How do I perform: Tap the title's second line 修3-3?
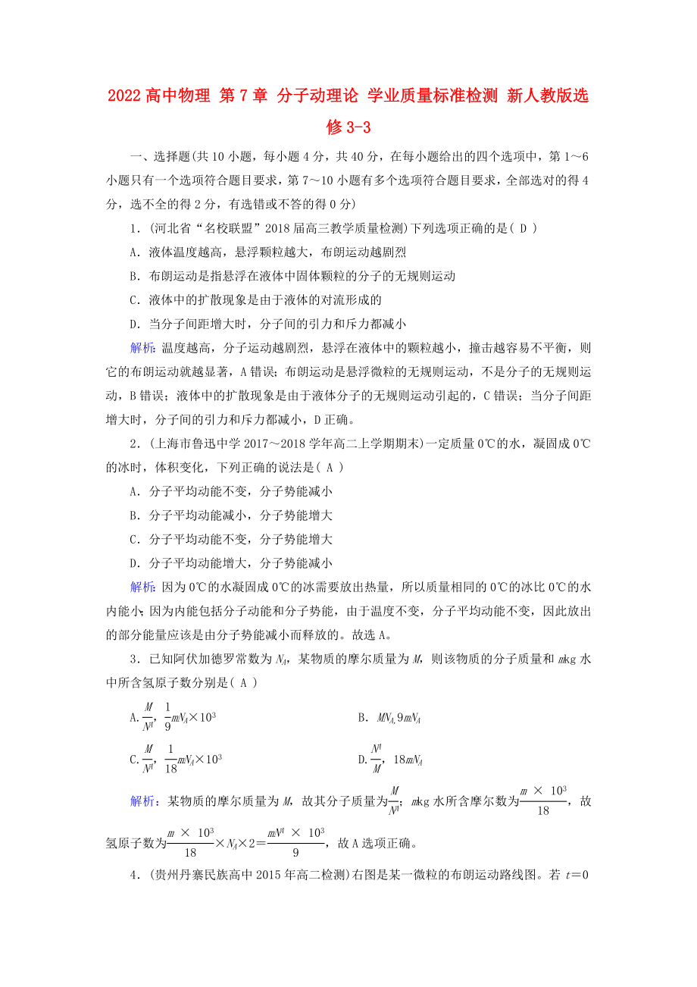click(348, 127)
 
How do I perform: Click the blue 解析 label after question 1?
click(142, 348)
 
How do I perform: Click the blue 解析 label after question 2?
click(142, 587)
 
